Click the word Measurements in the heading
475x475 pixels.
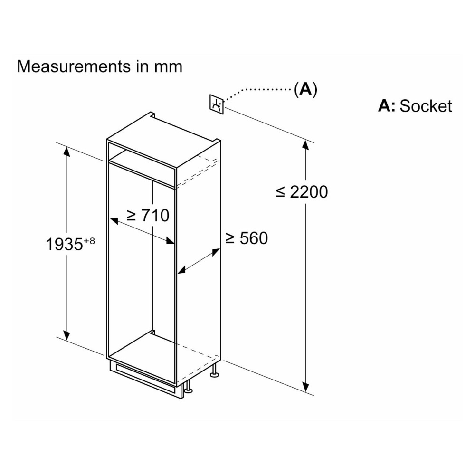coord(74,66)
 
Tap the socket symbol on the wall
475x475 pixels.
coord(216,104)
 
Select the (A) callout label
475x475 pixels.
coord(305,89)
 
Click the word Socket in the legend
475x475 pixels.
coord(426,106)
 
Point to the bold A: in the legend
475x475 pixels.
coord(387,106)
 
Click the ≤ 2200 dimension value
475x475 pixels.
coord(302,192)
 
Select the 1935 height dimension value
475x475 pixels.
coord(64,244)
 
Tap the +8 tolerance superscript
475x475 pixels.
coord(89,241)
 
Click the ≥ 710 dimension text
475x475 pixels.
coord(148,215)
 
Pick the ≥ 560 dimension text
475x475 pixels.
coord(247,238)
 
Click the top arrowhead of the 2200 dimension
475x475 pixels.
coord(305,146)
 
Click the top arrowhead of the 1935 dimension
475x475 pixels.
coord(66,152)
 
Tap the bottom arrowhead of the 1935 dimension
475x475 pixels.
coord(66,335)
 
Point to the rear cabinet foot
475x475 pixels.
coord(215,371)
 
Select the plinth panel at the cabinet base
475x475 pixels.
coord(146,378)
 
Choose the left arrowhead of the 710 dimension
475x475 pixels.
coord(114,220)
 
